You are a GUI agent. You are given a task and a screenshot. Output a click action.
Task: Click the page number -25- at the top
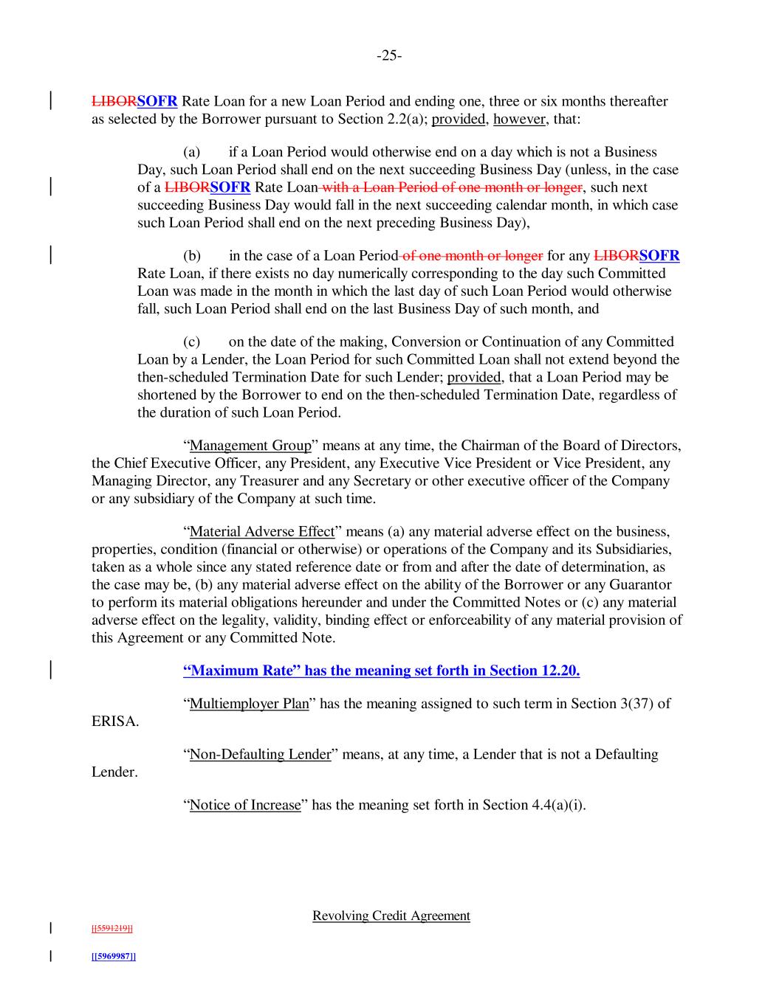click(389, 55)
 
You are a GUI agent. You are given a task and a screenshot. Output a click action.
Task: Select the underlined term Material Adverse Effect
click(262, 532)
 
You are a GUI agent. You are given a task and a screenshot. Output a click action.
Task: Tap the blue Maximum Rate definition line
click(381, 671)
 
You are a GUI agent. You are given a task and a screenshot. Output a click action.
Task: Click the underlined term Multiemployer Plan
click(249, 704)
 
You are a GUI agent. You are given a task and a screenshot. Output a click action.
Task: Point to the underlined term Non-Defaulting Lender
click(260, 755)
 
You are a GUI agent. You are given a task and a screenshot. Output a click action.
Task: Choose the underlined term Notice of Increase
click(245, 805)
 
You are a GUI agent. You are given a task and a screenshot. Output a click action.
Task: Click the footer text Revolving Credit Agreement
click(391, 916)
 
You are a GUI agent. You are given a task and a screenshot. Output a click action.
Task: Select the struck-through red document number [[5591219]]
click(112, 928)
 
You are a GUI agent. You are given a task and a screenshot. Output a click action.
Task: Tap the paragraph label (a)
click(192, 152)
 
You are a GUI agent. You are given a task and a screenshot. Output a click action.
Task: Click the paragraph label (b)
click(192, 256)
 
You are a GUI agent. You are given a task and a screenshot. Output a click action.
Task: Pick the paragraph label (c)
click(192, 342)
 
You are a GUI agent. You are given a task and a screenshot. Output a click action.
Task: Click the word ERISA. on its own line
click(115, 721)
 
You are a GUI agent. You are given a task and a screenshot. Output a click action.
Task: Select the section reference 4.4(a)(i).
click(558, 805)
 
